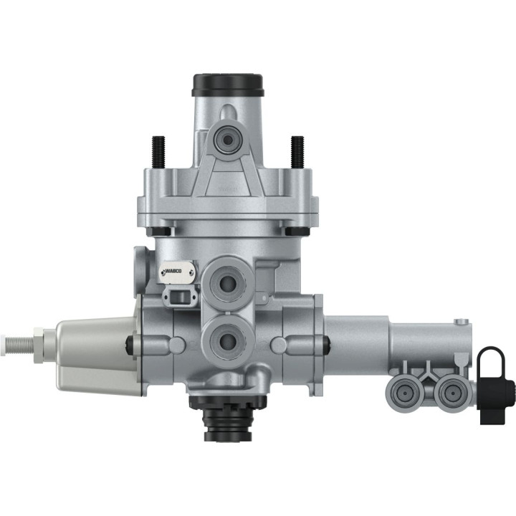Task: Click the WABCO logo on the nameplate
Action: (176, 270)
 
